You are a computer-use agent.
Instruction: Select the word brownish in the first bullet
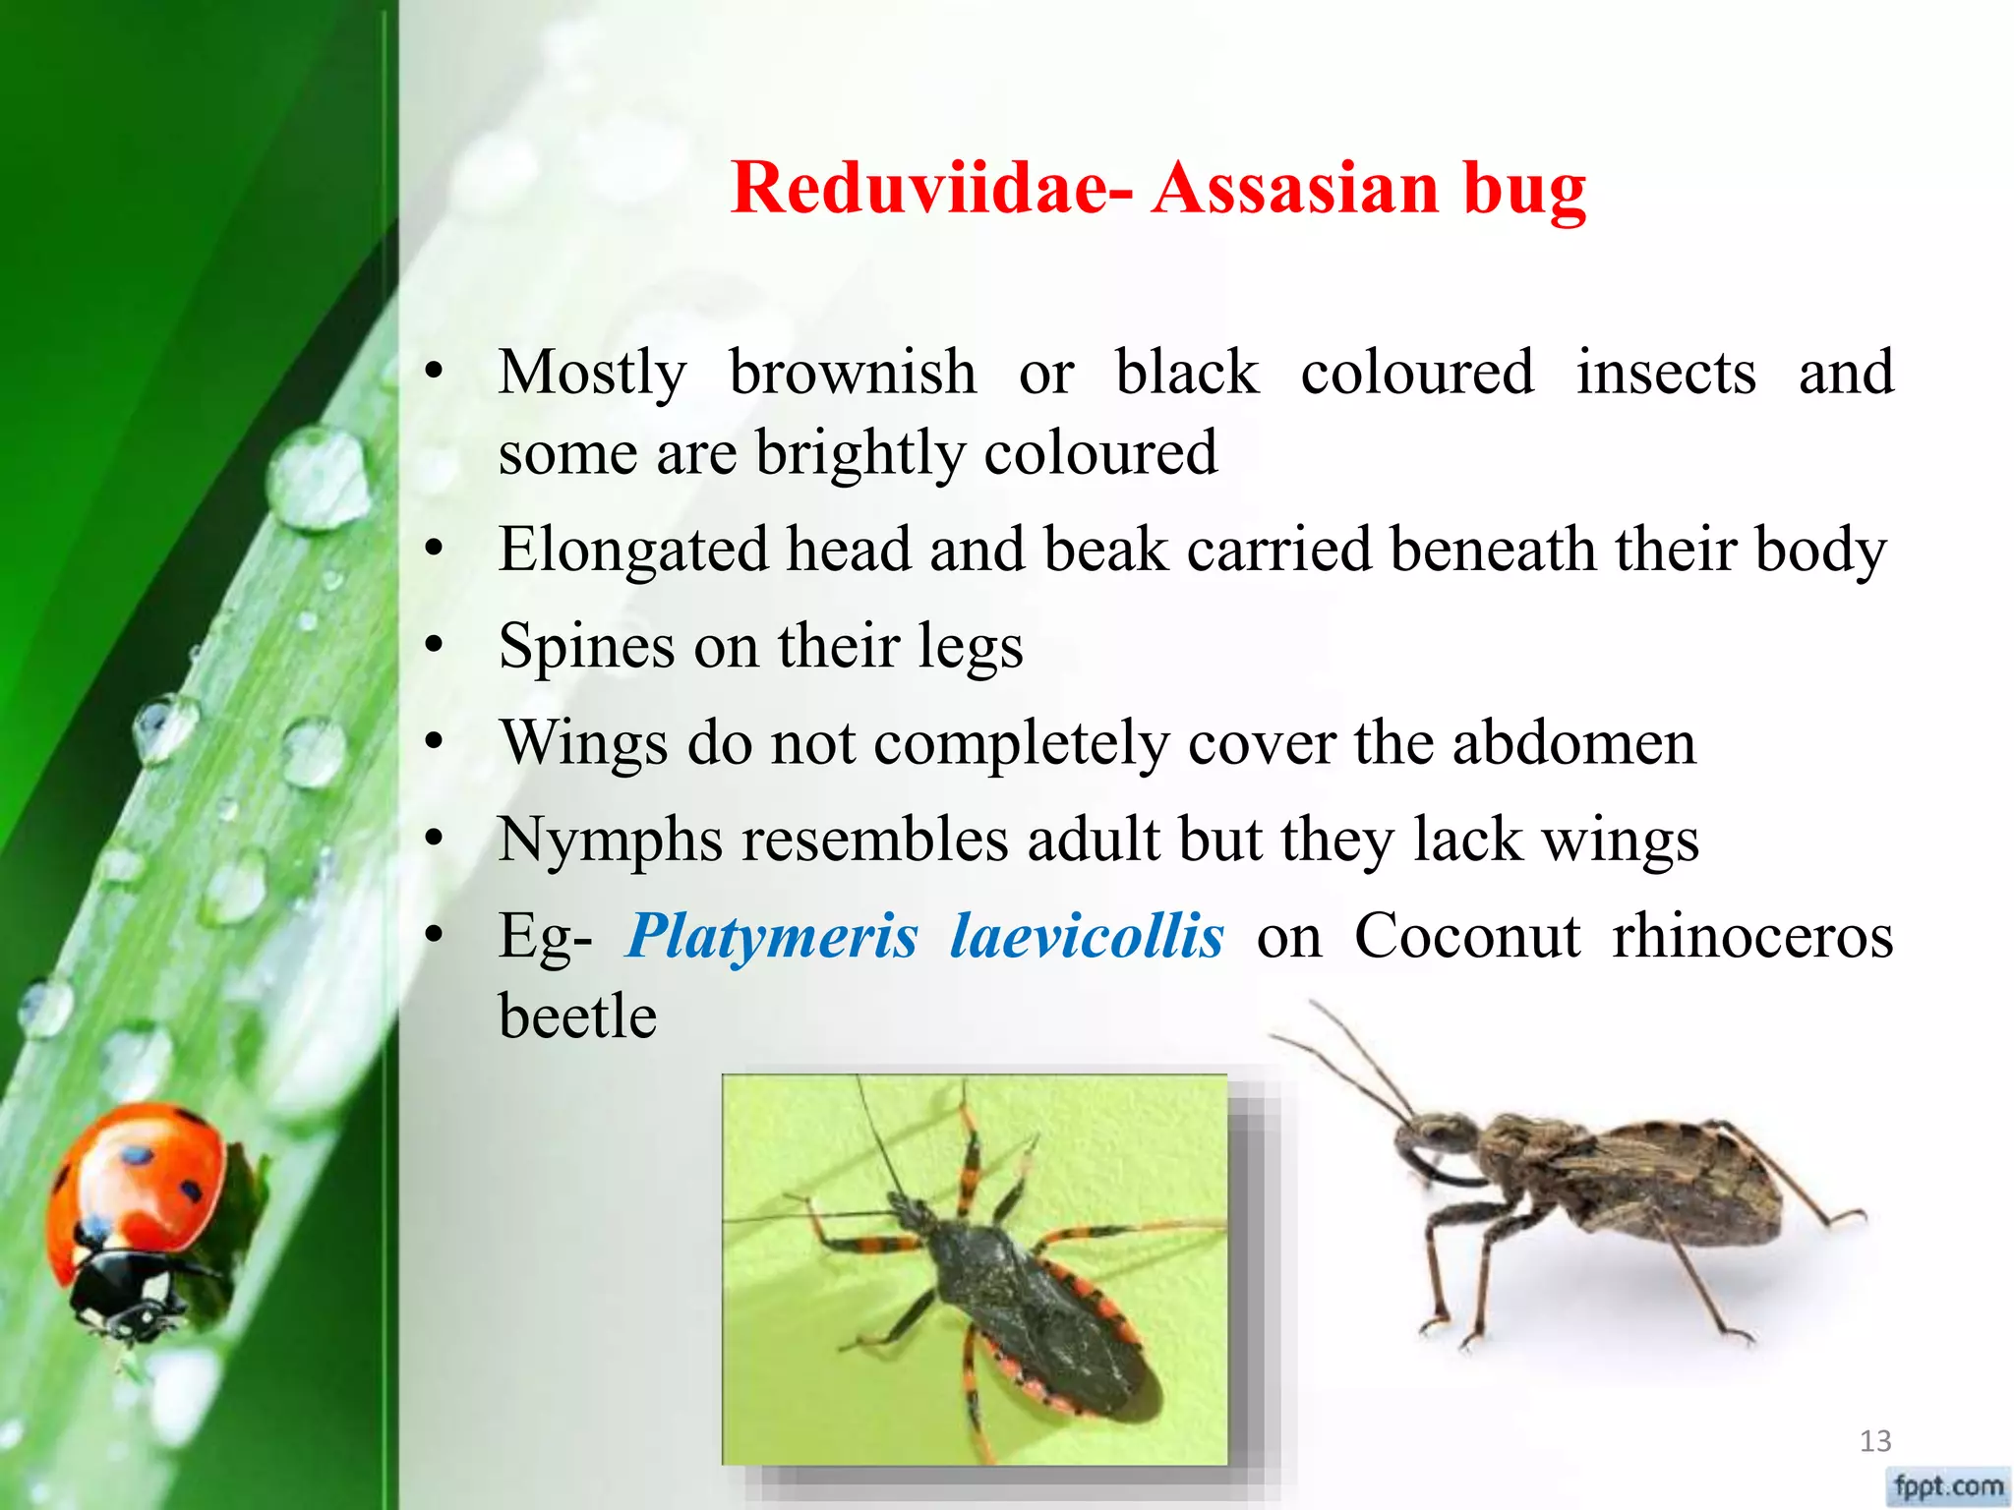tap(853, 373)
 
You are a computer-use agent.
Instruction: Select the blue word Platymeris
tap(772, 935)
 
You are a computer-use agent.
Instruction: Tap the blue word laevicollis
tap(1087, 935)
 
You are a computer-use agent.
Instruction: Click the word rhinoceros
tap(1752, 935)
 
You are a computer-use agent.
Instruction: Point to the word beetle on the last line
tap(577, 1016)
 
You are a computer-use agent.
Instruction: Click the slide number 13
tap(1875, 1441)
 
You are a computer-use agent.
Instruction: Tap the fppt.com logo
tap(1948, 1485)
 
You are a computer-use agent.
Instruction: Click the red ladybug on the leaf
tap(138, 1219)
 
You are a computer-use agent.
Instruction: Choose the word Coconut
tap(1466, 935)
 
